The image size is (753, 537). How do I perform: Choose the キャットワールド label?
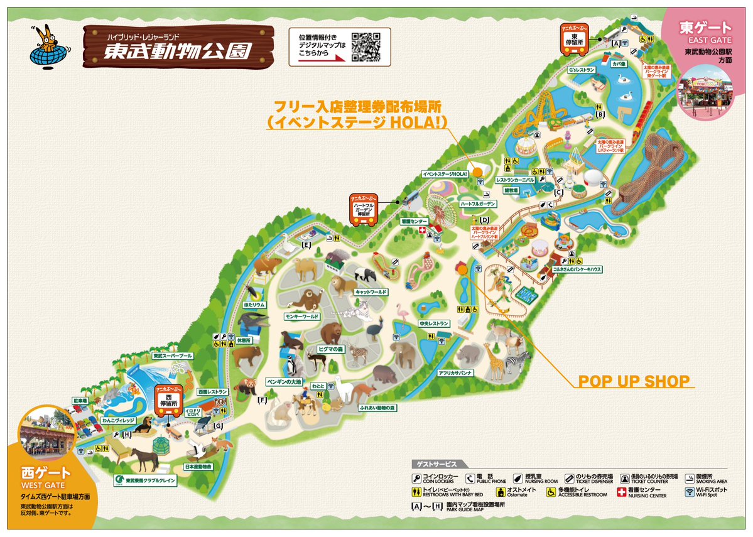[371, 292]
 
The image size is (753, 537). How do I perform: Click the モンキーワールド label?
[302, 316]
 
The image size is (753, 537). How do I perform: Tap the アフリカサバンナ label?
[455, 373]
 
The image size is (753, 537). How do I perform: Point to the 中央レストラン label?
[434, 323]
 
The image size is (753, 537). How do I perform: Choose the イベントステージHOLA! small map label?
[445, 173]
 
